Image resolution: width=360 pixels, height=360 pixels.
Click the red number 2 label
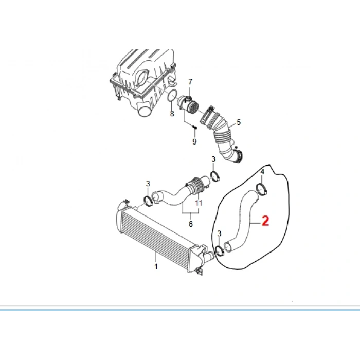[265, 221]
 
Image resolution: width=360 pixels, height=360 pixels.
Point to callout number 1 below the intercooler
[156, 266]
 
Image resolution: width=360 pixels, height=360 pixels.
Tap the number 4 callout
[262, 172]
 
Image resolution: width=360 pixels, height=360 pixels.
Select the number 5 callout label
[238, 123]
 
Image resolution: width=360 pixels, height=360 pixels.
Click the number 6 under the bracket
[190, 224]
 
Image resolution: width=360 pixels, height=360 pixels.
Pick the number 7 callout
[190, 82]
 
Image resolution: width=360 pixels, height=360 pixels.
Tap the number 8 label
[172, 113]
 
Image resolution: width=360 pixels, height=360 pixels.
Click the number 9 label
[194, 141]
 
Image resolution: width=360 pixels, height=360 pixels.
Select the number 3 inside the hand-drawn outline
[220, 233]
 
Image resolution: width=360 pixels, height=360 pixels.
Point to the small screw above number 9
[195, 127]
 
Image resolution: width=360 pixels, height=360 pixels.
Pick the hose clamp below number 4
[262, 189]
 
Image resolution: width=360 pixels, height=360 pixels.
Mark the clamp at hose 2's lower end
[220, 251]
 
